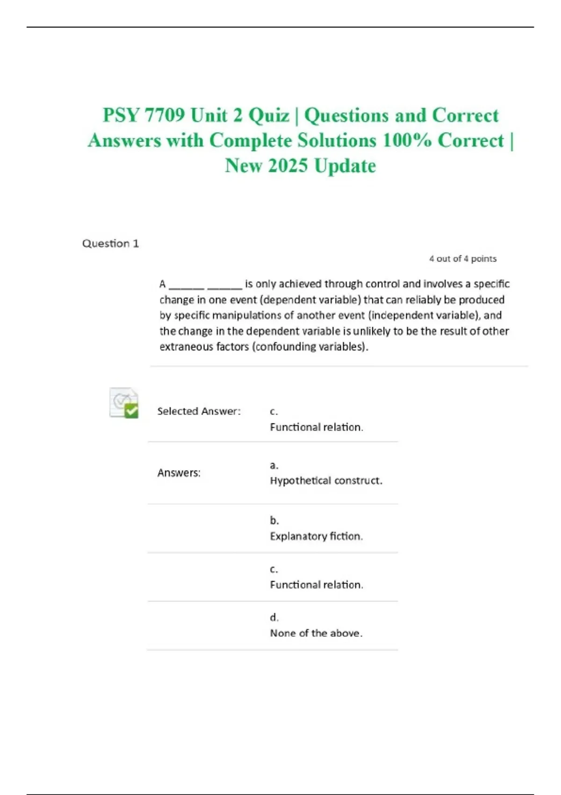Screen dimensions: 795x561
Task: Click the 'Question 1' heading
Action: click(110, 244)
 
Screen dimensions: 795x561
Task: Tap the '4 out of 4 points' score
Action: click(463, 259)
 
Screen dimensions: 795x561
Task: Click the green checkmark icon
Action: click(131, 410)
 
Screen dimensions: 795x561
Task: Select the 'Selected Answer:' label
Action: click(199, 411)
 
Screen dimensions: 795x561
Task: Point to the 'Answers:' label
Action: click(179, 473)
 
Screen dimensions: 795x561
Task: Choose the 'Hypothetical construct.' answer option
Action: click(326, 481)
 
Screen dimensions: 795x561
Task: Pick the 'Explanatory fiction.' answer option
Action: click(316, 536)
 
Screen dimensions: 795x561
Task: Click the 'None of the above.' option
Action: click(316, 633)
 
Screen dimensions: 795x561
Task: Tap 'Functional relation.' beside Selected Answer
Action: click(316, 427)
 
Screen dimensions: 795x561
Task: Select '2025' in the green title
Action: click(288, 166)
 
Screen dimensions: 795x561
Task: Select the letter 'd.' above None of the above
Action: click(274, 617)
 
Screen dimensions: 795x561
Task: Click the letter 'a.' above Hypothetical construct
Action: click(274, 465)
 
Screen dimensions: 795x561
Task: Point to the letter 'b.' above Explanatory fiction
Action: click(274, 520)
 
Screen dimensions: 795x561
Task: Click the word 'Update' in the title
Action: click(345, 166)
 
